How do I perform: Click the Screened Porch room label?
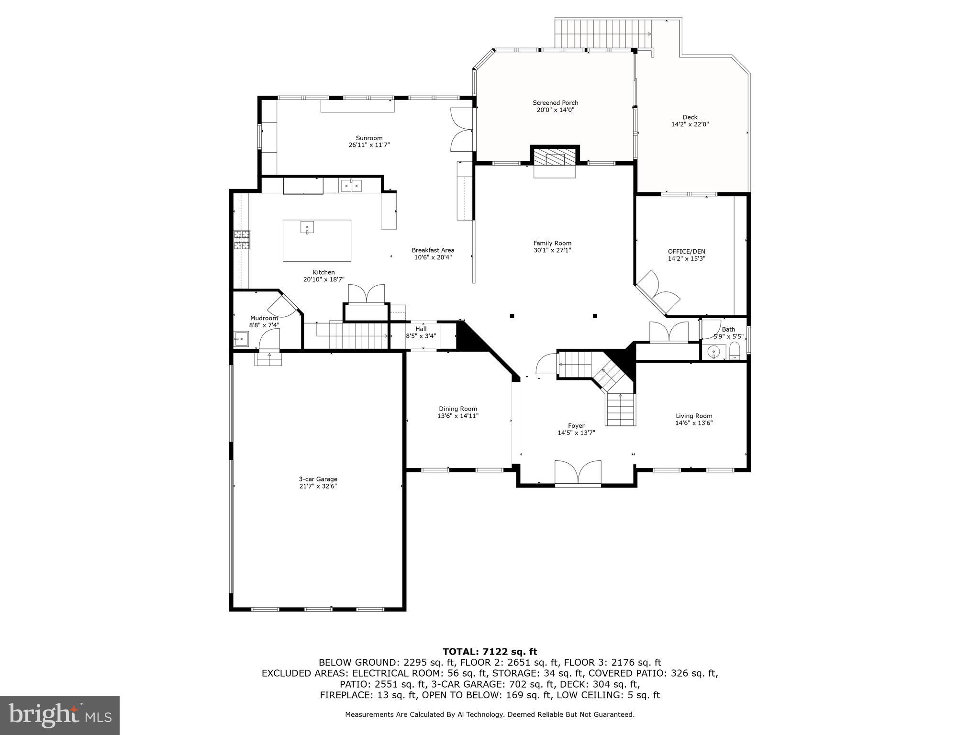tap(555, 102)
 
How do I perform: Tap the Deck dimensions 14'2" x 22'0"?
tap(690, 124)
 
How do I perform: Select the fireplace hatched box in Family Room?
tap(555, 156)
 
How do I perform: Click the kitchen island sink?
tap(307, 227)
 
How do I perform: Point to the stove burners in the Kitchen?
tap(242, 240)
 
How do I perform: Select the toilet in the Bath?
tap(735, 351)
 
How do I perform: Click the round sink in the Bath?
tap(713, 352)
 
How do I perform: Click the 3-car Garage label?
tap(318, 479)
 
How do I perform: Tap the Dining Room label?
tap(458, 409)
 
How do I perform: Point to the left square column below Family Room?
tap(512, 316)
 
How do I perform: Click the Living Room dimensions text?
tap(694, 423)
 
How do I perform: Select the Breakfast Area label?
tap(433, 250)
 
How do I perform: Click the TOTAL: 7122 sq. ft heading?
tap(490, 651)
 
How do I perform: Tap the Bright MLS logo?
tap(60, 715)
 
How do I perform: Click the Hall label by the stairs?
tap(421, 329)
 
